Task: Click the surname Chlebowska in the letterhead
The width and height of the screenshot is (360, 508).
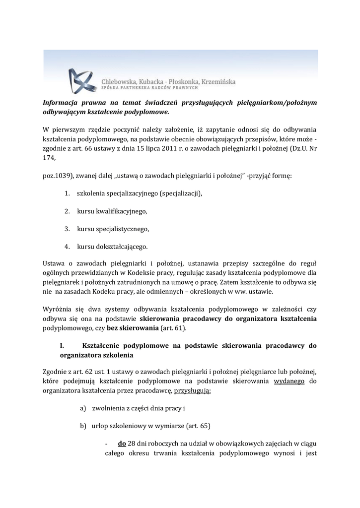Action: (x=120, y=81)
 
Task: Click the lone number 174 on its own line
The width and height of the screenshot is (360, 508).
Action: (x=49, y=158)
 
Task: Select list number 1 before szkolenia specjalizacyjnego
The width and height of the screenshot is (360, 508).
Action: (x=66, y=193)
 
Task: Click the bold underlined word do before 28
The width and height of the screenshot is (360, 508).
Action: (x=122, y=443)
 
